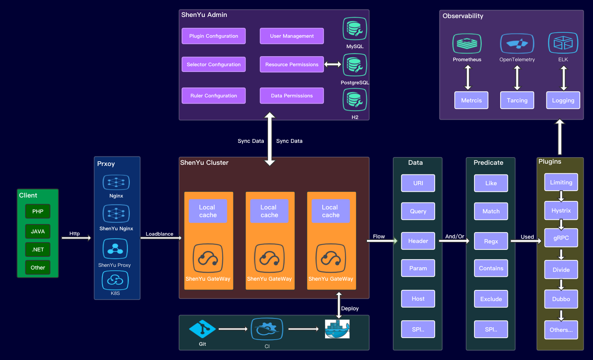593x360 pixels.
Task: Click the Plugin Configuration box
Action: point(213,36)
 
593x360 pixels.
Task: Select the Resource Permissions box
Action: point(291,64)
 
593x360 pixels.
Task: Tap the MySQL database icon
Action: point(355,28)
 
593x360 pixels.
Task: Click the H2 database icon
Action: point(355,99)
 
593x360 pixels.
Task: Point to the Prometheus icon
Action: point(467,43)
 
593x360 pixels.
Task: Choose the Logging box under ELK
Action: point(563,100)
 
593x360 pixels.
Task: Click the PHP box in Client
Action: point(38,211)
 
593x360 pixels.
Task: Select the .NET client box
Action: point(38,249)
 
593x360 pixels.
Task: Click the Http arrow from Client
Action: point(76,238)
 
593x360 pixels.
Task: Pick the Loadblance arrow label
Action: point(159,234)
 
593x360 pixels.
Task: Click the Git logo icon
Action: point(202,329)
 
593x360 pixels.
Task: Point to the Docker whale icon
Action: point(337,329)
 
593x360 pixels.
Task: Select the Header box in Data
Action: point(418,241)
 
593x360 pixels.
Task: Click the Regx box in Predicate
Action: point(491,241)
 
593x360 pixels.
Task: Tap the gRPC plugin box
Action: point(561,238)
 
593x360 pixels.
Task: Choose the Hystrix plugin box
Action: point(561,211)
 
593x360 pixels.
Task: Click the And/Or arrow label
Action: point(455,236)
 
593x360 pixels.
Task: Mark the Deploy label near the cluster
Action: point(350,308)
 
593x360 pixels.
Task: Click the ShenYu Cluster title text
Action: point(204,162)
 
